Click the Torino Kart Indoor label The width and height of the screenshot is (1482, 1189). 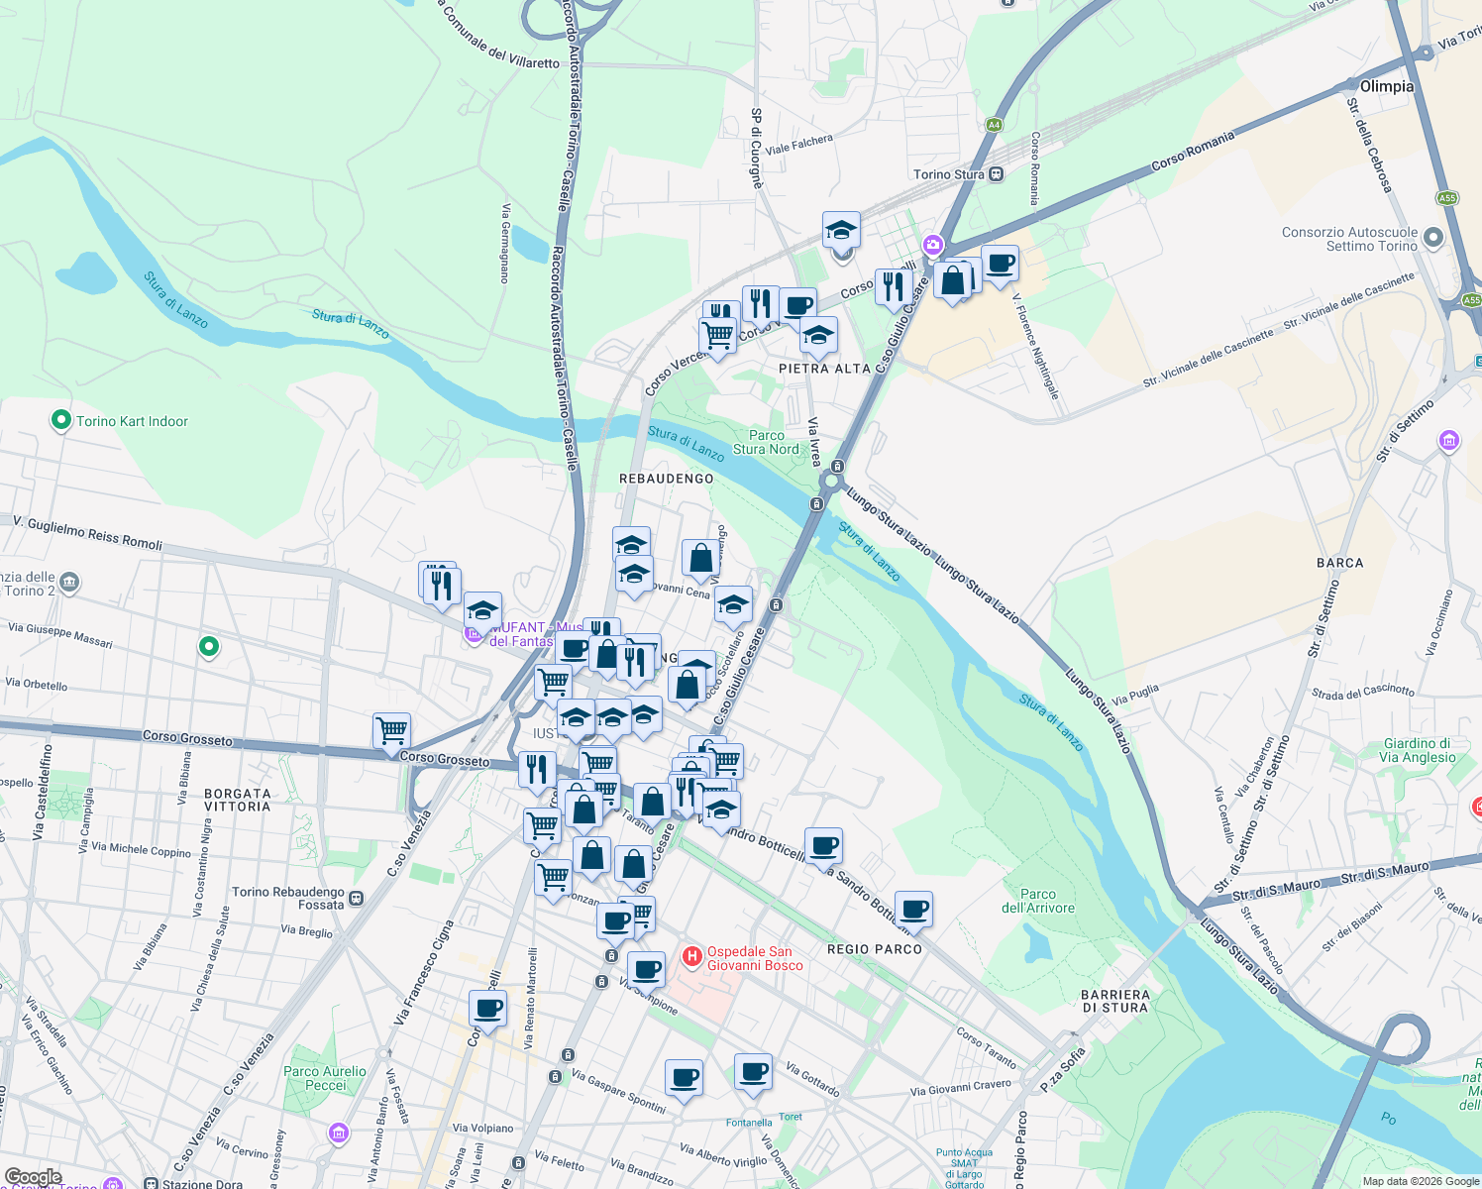132,421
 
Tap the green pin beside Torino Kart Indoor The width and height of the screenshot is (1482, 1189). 61,420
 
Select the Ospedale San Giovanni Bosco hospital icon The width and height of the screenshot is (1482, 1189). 692,957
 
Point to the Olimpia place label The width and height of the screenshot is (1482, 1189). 1387,86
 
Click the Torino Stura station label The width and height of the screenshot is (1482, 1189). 949,174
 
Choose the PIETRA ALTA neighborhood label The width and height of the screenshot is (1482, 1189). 824,369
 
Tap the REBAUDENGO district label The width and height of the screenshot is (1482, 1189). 666,479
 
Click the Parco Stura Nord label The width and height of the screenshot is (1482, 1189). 766,442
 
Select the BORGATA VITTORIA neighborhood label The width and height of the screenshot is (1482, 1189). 237,800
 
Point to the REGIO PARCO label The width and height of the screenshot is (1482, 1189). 875,949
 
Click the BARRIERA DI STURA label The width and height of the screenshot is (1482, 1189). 1115,1001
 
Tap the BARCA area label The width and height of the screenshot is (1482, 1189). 1340,563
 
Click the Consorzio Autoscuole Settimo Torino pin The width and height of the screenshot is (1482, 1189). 1433,237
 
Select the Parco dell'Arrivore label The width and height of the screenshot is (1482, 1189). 1038,901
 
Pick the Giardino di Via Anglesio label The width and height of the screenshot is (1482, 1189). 1417,750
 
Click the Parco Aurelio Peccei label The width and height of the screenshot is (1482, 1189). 325,1078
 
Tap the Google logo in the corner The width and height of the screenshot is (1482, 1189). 33,1177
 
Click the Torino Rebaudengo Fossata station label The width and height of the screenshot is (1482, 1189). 288,898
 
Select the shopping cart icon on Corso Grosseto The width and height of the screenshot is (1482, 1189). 392,731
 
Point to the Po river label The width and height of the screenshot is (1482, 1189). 1389,1119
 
